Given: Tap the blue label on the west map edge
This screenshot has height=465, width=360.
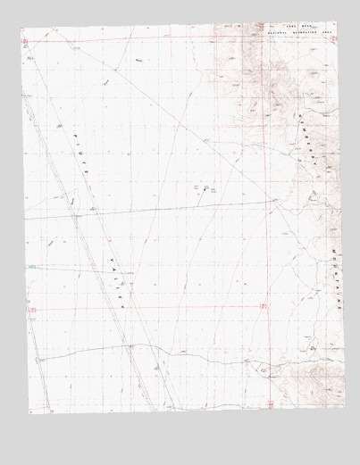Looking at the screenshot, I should coord(32,266).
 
